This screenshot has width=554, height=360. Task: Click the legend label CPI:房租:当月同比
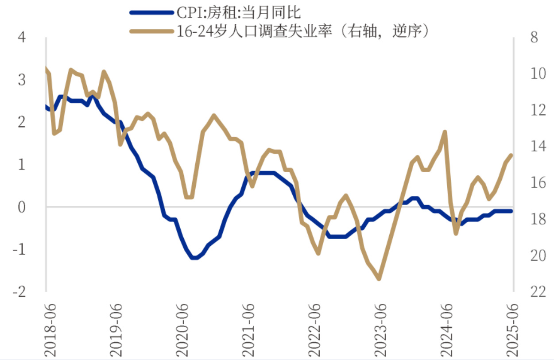tap(238, 12)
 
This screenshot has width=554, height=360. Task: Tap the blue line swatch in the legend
tap(151, 12)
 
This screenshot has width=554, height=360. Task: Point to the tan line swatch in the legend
tap(151, 31)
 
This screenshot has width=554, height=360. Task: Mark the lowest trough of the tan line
tap(379, 279)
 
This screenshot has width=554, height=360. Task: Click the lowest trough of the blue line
tap(194, 258)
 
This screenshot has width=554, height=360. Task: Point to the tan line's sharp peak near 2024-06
tap(445, 132)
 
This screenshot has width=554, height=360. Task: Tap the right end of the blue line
tap(511, 211)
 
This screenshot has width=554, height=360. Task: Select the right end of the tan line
tap(511, 155)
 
